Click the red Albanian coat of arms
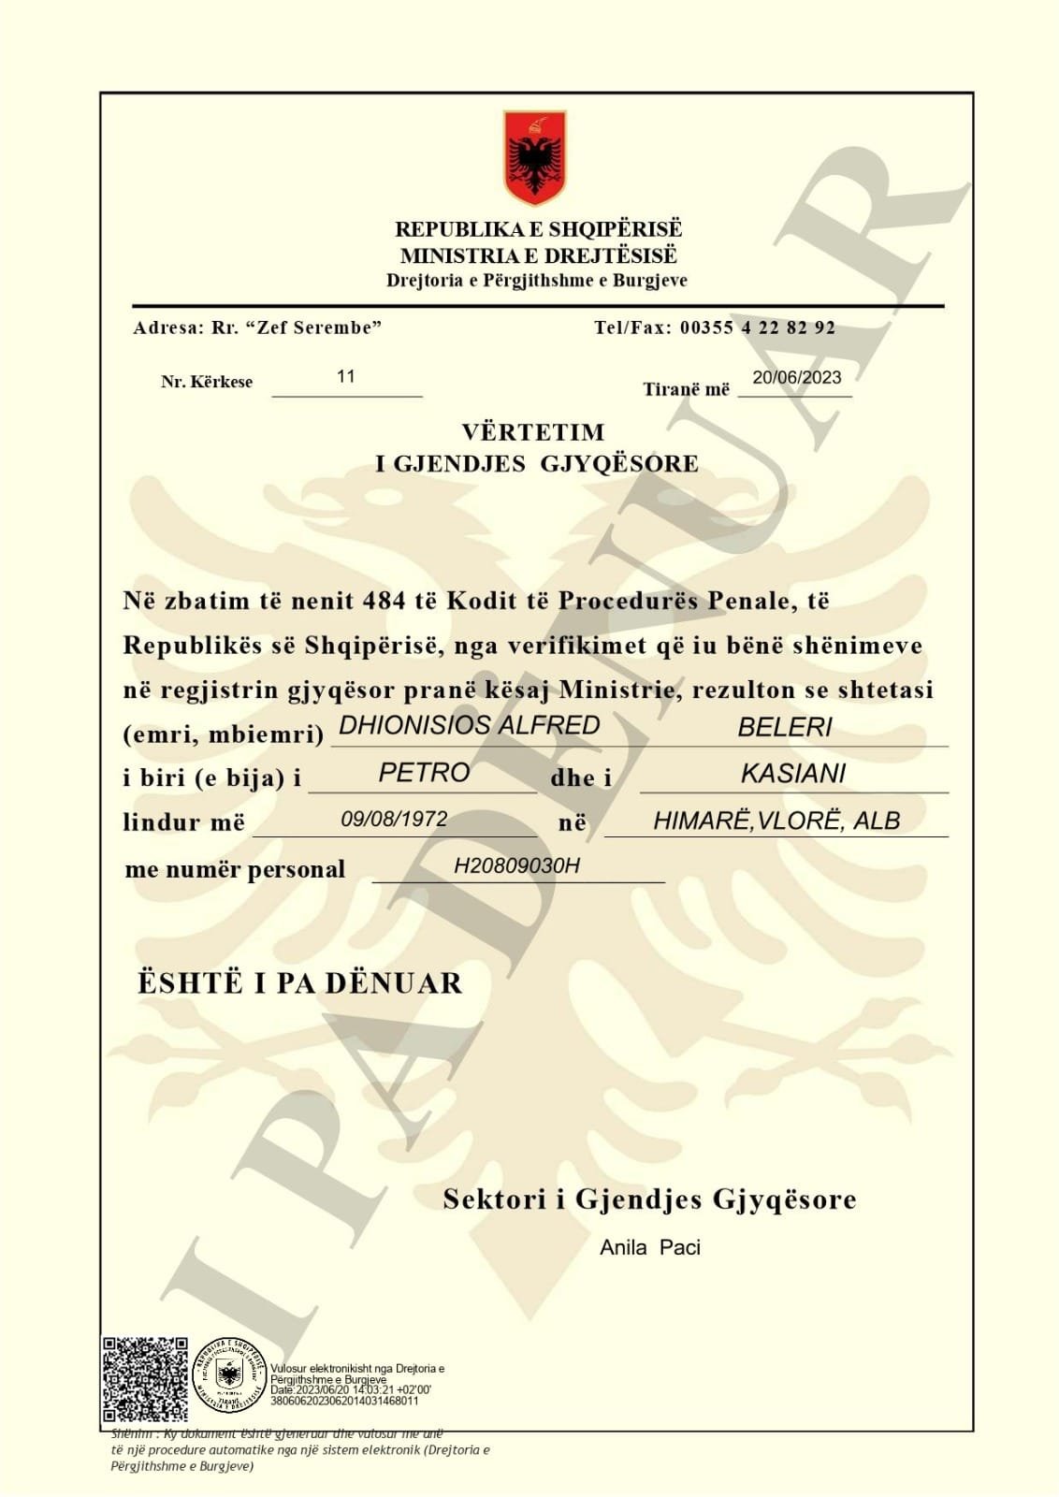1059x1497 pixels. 534,157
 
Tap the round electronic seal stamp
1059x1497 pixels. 228,1375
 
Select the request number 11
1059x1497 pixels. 346,376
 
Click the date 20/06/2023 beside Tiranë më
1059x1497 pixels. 796,377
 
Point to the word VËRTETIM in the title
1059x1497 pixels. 533,432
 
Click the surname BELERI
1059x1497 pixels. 784,727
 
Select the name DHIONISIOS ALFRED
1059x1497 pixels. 469,725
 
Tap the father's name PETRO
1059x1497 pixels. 424,773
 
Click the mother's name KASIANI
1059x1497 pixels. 792,774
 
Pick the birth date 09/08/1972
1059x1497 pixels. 394,820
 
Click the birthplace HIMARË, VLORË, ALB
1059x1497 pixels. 776,821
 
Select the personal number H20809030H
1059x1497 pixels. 516,865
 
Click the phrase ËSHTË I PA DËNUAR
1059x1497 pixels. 299,983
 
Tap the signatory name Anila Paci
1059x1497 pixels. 650,1247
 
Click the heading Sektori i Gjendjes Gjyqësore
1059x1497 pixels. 649,1199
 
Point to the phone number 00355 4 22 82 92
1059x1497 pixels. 757,327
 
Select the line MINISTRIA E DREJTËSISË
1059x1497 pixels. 538,255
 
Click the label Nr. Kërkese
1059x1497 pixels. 207,382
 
